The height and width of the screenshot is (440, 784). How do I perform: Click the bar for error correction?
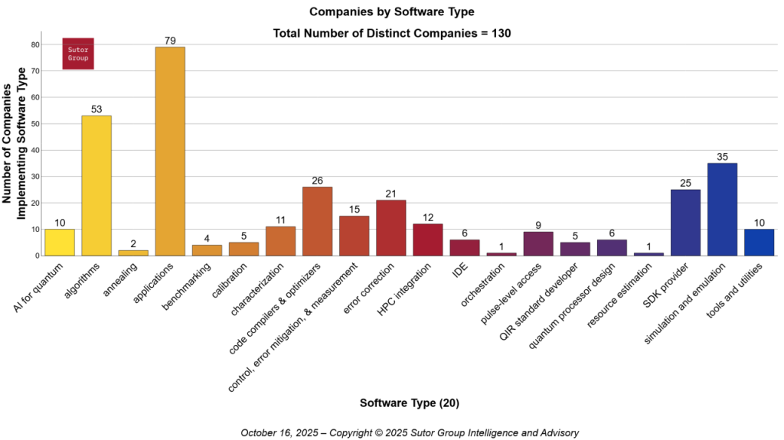[x=390, y=227]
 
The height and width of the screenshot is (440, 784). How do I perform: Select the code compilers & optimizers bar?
[x=317, y=221]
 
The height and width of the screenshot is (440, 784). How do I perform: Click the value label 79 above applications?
[x=170, y=41]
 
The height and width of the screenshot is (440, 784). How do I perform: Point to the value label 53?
[x=96, y=109]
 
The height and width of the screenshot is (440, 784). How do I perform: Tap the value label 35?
[x=722, y=157]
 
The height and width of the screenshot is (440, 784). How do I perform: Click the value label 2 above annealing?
[x=133, y=244]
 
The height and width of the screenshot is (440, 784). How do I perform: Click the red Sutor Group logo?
[x=78, y=54]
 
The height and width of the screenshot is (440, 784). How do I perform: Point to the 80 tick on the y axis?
[x=34, y=44]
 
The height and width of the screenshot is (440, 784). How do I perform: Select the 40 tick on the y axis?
[x=34, y=150]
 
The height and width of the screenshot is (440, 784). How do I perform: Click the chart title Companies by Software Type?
[x=391, y=12]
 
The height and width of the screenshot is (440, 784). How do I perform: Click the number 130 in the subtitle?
[x=500, y=33]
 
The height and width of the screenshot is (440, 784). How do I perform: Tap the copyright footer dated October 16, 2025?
[x=409, y=432]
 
